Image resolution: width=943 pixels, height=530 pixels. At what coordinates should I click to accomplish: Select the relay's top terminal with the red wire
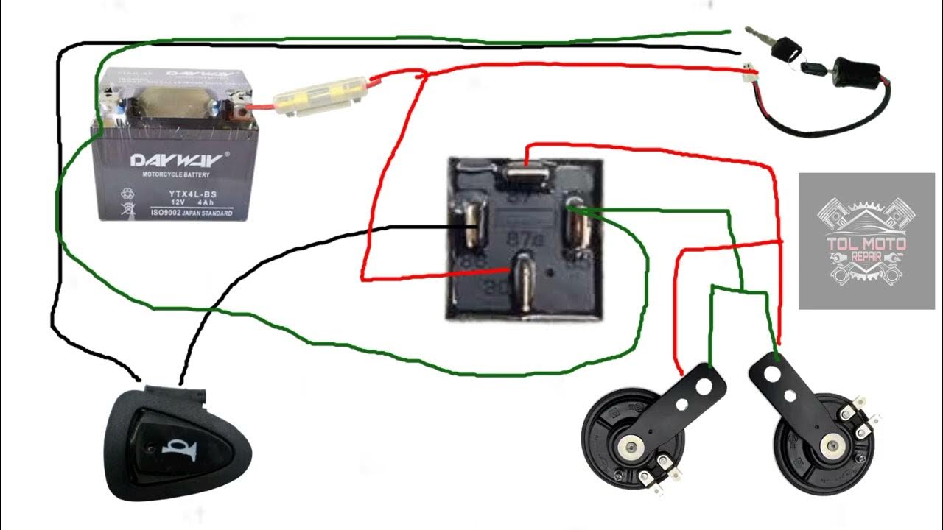pyautogui.click(x=525, y=172)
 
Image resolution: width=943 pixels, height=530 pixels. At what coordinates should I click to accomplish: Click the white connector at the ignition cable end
pyautogui.click(x=750, y=73)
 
